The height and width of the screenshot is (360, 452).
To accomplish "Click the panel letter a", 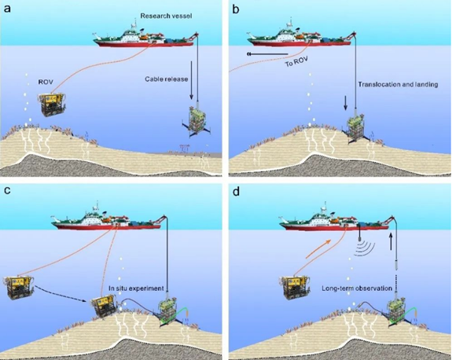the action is pos(7,9).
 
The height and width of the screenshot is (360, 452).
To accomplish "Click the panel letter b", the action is pos(236,9).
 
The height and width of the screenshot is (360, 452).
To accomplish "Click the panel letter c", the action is pos(6,190).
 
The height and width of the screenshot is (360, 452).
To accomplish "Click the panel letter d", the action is pos(236,191).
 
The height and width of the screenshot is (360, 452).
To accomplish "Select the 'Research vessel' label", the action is pos(166,16).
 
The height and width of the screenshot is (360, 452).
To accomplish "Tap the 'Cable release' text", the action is pos(167,79).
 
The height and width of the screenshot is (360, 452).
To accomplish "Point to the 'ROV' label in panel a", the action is pos(46,82).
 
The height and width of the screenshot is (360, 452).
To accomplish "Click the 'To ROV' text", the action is pos(296,61).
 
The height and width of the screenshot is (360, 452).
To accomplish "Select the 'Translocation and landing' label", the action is pos(398,84).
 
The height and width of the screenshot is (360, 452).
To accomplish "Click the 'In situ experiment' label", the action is pos(136,288).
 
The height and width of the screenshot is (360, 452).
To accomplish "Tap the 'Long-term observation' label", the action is pos(357,288).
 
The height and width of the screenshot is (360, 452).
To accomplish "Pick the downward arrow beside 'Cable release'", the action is pos(191,80).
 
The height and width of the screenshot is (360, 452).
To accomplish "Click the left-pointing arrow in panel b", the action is pos(267,54).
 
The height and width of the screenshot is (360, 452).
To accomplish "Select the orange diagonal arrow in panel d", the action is pos(318,248).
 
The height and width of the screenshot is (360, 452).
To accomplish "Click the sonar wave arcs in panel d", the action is pos(365,249).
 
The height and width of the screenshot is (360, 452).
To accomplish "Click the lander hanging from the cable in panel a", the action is pos(197,121).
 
